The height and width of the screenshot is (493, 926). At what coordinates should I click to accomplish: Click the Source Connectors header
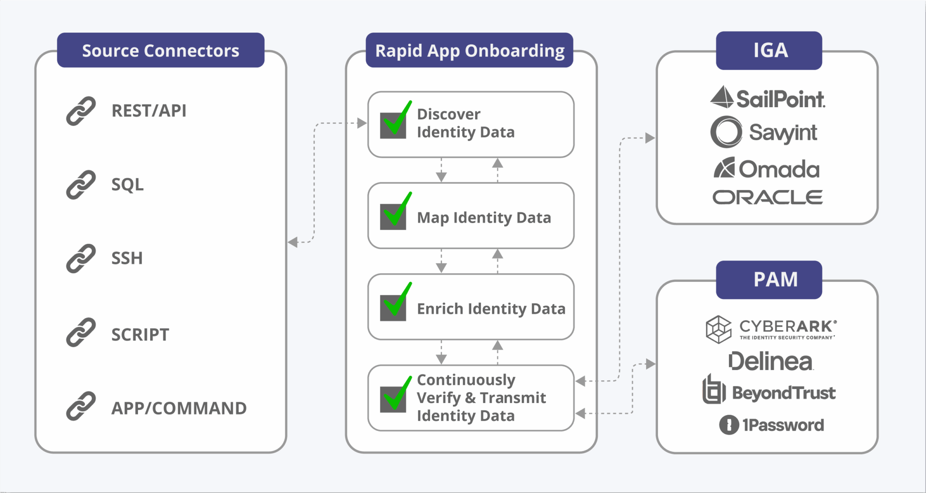point(161,51)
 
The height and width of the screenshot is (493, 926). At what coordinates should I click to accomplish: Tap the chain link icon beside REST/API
point(81,111)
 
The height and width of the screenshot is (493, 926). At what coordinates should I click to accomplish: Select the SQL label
point(128,185)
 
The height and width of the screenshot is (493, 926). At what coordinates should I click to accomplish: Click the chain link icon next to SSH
point(81,258)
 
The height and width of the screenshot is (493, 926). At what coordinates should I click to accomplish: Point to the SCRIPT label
point(140,335)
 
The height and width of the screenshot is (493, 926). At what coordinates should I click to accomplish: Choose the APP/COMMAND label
point(179,408)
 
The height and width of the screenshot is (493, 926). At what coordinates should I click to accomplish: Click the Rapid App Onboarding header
point(469,51)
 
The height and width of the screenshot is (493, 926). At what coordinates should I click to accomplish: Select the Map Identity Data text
point(484,218)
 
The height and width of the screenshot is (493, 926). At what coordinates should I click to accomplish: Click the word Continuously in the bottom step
point(466,380)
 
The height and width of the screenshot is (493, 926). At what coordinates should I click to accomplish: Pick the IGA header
point(770,50)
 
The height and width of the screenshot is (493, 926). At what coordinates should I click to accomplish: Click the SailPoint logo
point(768,98)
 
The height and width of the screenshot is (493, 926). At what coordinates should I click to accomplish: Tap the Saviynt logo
point(764,133)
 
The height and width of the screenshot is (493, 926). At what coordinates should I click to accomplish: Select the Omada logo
point(767,169)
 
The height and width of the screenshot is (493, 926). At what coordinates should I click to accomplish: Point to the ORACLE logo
point(767,197)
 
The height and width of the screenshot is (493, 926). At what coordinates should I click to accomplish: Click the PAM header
point(775,280)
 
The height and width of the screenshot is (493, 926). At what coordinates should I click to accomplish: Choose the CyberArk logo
point(771,329)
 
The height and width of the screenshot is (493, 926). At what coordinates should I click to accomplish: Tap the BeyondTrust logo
point(769,392)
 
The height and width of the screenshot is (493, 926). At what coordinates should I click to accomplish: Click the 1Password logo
point(771,425)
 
